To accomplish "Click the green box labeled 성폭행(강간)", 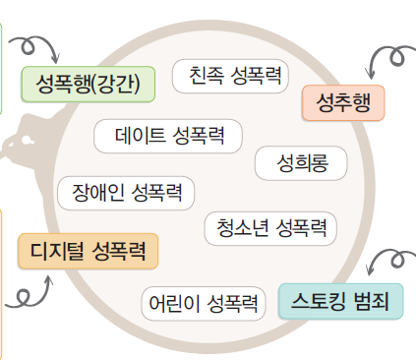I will tap(88, 83).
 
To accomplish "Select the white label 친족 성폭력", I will tap(233, 76).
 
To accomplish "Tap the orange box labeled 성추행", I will tap(343, 102).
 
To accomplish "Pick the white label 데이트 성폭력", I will tap(170, 136).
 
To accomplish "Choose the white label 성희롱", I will tap(300, 163).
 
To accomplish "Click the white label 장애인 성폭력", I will tap(126, 191).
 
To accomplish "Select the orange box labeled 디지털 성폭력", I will tap(88, 252).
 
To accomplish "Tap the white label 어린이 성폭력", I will tap(202, 303).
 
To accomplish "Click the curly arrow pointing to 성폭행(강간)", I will tap(36, 46).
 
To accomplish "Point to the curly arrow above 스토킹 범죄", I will tap(390, 263).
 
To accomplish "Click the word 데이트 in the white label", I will tap(141, 136).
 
